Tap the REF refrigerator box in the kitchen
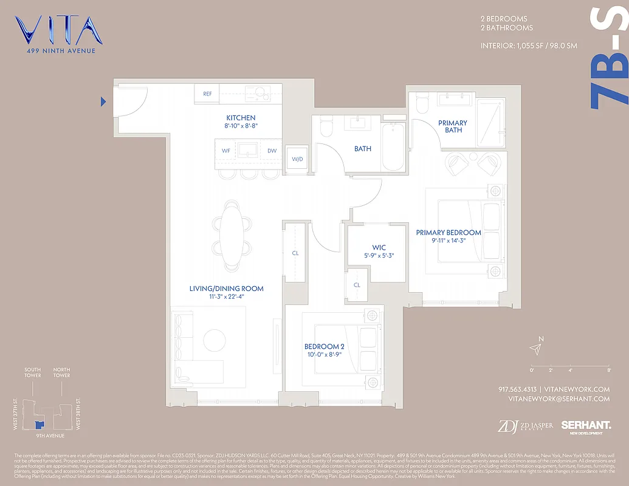(207, 94)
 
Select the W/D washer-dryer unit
(297, 159)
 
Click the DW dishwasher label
(272, 150)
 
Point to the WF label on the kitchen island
(225, 150)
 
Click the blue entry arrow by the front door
(103, 101)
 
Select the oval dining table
(232, 235)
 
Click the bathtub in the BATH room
(393, 147)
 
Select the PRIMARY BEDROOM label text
(449, 233)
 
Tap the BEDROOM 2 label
(325, 347)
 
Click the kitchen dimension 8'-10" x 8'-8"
(241, 126)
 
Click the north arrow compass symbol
(535, 348)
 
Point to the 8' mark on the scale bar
(608, 369)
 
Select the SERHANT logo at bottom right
(585, 426)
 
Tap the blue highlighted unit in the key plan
(40, 425)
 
